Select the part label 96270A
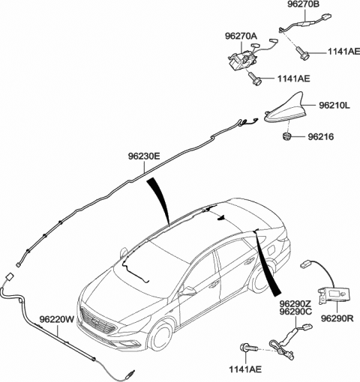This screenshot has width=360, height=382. (241, 37)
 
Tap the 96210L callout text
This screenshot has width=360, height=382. (334, 106)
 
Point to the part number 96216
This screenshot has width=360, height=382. (321, 137)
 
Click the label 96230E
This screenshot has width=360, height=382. (144, 157)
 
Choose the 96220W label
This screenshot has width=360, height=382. (57, 319)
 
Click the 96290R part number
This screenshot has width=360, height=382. (337, 318)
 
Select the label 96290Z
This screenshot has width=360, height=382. (295, 304)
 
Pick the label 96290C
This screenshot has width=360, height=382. (295, 312)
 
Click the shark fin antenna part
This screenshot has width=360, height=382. (286, 111)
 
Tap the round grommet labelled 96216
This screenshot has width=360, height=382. (286, 136)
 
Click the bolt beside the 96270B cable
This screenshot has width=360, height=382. (303, 52)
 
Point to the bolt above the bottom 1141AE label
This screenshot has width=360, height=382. (249, 348)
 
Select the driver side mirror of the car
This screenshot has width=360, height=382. (188, 291)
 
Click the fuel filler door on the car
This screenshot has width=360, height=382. (272, 249)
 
